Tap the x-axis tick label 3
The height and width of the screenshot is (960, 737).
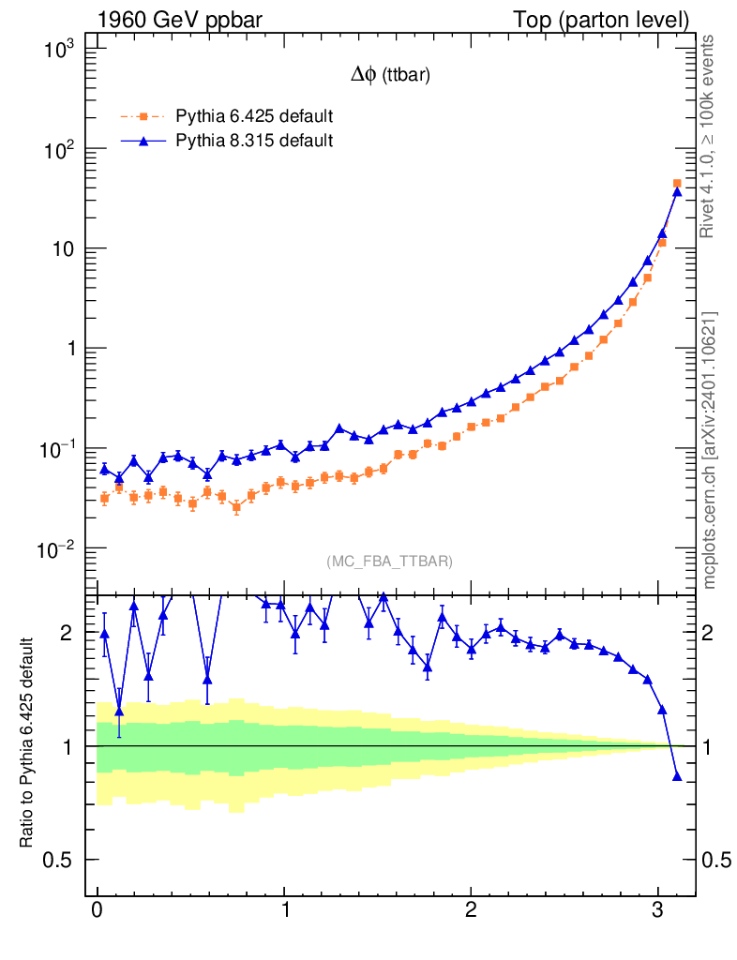click(x=658, y=911)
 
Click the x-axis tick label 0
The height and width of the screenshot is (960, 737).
click(x=98, y=911)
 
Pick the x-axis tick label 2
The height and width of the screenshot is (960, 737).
click(x=472, y=911)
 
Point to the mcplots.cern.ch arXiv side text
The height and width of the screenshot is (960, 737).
click(x=710, y=450)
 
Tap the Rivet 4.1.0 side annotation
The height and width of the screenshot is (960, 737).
click(x=710, y=136)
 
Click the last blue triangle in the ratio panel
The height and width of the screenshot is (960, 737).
click(x=677, y=776)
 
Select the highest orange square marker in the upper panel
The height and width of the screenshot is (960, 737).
click(x=677, y=184)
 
